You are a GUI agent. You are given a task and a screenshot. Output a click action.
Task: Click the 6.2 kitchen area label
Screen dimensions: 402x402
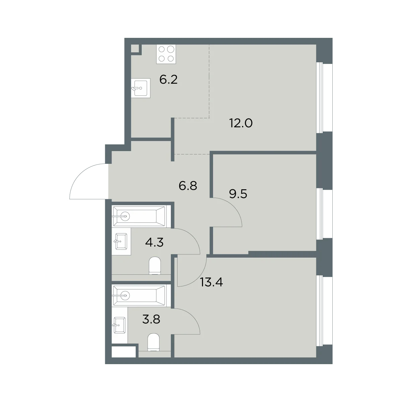(x=169, y=80)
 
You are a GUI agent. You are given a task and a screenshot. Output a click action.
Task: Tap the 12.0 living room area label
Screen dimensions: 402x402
(x=241, y=123)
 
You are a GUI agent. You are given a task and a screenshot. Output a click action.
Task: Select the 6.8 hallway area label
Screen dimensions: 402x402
(x=188, y=186)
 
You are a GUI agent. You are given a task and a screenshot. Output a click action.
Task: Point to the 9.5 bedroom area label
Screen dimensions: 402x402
(x=238, y=194)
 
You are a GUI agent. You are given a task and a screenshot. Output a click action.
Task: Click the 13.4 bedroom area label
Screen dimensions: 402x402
(x=211, y=282)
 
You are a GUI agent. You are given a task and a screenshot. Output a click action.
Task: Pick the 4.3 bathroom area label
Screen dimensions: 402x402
(x=154, y=243)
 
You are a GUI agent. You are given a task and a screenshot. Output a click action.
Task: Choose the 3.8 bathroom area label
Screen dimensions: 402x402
(x=151, y=319)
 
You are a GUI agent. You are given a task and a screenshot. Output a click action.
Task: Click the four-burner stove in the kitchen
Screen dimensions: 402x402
(x=166, y=54)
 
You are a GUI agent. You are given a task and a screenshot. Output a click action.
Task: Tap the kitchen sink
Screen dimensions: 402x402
(x=141, y=88)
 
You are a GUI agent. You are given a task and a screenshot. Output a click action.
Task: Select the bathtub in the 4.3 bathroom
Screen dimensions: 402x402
(x=139, y=216)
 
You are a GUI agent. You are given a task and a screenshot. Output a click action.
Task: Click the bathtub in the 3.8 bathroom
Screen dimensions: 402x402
(x=139, y=295)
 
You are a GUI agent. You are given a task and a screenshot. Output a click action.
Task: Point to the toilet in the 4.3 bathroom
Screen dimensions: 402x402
(x=155, y=266)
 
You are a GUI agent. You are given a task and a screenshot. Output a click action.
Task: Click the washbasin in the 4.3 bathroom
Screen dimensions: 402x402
(x=121, y=241)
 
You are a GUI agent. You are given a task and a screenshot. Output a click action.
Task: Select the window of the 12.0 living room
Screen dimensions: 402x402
(x=324, y=97)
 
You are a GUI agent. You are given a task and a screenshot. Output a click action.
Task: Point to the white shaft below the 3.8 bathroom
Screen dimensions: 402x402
(x=124, y=352)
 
